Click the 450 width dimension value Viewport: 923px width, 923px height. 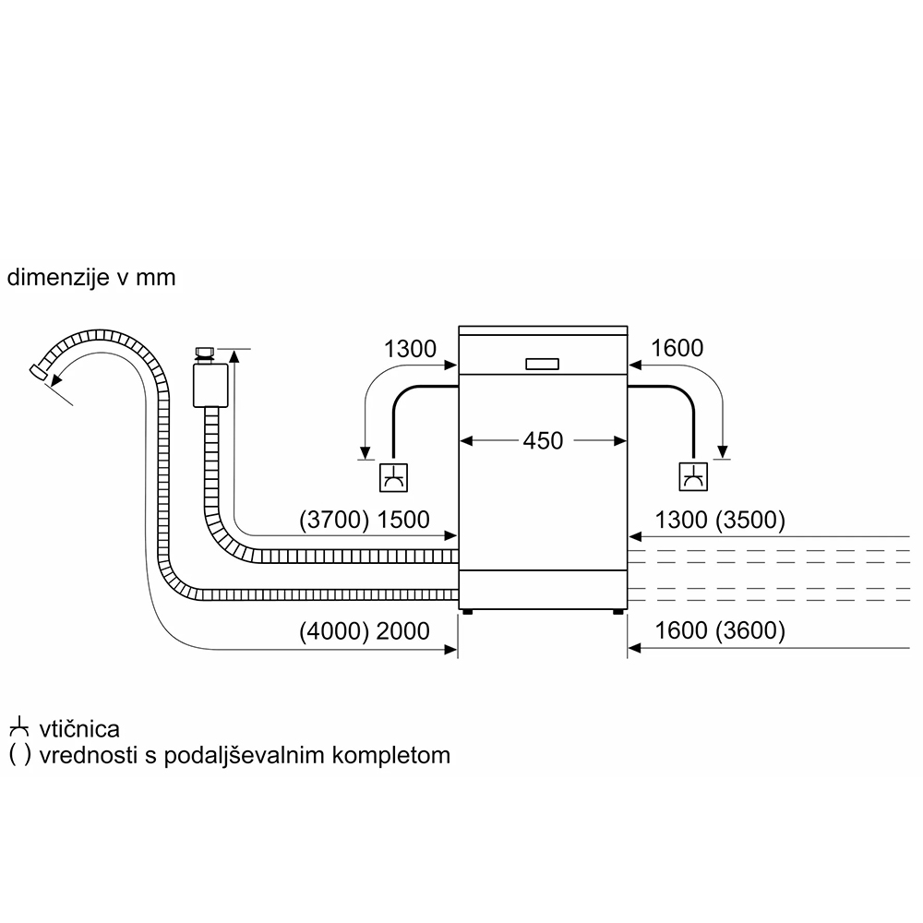543,441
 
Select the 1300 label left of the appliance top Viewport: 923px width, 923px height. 409,349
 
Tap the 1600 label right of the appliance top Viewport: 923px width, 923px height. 677,349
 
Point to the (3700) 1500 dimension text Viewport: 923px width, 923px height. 365,521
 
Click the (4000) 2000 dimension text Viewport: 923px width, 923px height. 365,631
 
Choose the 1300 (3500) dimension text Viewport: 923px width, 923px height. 719,521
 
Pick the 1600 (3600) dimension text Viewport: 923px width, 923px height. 719,631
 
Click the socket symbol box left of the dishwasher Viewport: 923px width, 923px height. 394,477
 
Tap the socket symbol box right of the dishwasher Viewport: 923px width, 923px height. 693,477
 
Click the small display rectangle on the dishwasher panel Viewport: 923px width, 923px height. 543,364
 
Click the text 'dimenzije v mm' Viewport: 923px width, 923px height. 90,277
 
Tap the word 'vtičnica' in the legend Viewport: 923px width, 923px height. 79,729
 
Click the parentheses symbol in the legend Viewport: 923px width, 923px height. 18,755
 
